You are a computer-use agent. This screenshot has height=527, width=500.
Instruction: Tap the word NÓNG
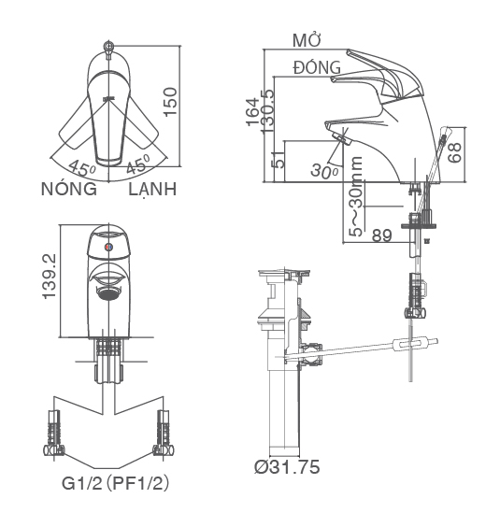pos(68,189)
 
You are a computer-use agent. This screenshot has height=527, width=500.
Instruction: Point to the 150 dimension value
pos(169,100)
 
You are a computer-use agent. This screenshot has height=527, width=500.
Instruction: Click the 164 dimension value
pos(251,111)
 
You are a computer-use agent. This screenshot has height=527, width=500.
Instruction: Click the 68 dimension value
pos(455,153)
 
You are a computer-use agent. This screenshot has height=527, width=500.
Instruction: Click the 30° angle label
pos(323,171)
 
